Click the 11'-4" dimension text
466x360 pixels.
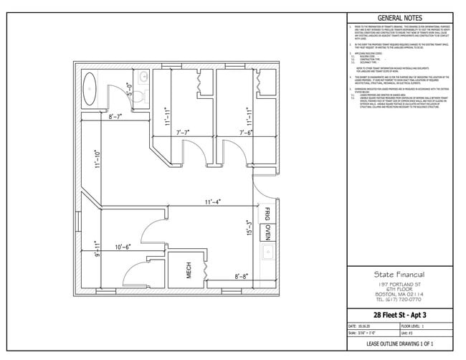pos(211,202)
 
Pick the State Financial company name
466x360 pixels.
pos(399,274)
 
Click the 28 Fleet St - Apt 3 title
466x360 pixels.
pos(399,314)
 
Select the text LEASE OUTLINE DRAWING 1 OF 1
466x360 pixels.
pos(399,345)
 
